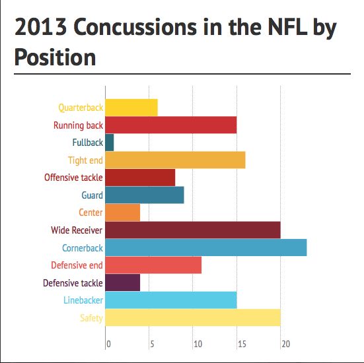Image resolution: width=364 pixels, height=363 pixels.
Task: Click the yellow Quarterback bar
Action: (x=131, y=108)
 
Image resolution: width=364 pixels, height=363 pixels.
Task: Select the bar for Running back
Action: (x=171, y=125)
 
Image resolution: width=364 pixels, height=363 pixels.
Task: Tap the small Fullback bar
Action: (x=110, y=143)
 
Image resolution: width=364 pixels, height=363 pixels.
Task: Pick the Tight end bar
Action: (x=175, y=160)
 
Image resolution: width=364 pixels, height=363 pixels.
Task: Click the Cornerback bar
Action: (x=206, y=247)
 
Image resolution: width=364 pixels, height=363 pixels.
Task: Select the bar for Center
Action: (x=123, y=213)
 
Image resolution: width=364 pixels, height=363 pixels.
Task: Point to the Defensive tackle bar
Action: (x=123, y=282)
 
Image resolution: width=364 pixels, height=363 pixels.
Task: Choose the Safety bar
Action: (x=193, y=317)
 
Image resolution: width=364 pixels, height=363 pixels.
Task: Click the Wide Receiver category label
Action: (x=77, y=230)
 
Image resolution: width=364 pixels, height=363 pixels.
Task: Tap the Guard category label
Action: (x=92, y=195)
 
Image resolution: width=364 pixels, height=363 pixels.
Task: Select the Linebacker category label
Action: (x=83, y=300)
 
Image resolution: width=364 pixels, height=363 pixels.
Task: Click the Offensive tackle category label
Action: (x=73, y=178)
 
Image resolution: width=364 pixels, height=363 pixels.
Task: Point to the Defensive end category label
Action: (x=77, y=265)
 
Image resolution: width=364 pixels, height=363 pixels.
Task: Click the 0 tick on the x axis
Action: (x=108, y=345)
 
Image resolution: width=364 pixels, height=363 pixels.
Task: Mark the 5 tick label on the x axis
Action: (x=152, y=345)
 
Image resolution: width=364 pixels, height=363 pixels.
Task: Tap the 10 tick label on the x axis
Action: (x=198, y=345)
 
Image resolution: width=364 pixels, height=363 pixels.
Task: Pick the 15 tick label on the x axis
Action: (x=242, y=345)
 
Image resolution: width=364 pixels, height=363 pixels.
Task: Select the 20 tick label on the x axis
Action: (x=286, y=345)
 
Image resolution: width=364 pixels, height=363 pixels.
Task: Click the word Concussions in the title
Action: (x=135, y=27)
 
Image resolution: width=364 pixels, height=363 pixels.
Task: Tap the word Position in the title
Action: (x=55, y=57)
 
